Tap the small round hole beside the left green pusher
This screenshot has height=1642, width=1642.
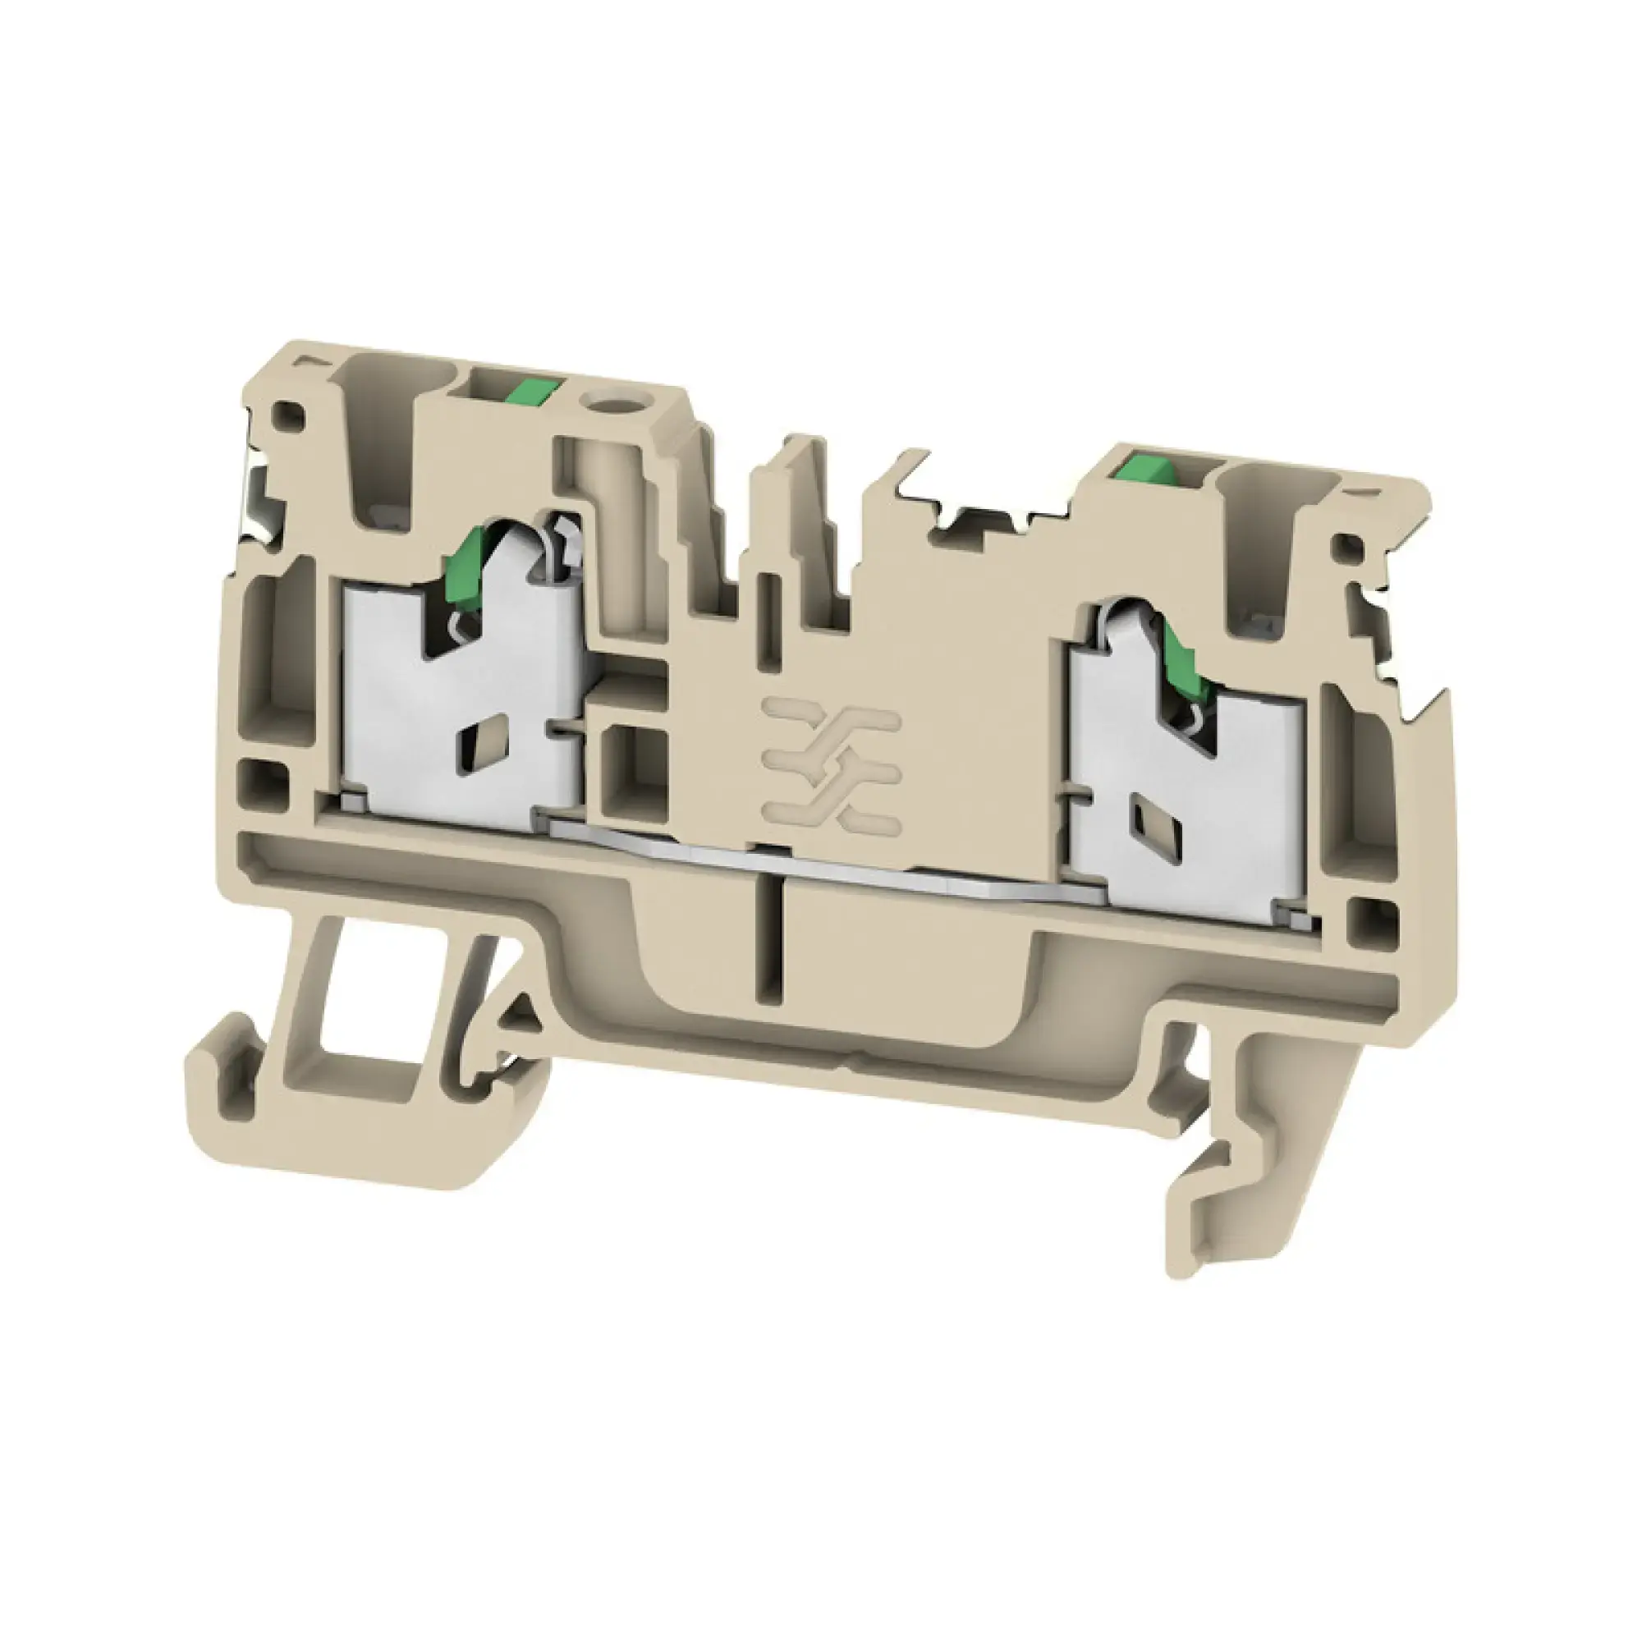pos(605,396)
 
